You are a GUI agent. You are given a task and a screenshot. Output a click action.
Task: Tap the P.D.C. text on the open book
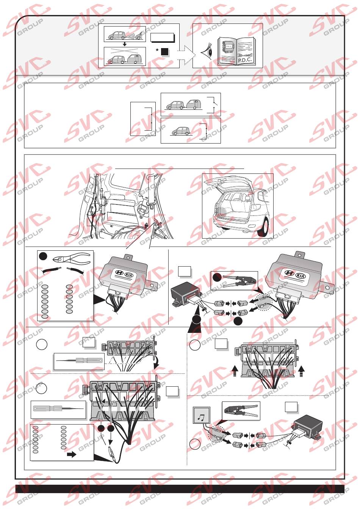[x=245, y=60]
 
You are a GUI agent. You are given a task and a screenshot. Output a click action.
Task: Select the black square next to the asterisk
[x=164, y=52]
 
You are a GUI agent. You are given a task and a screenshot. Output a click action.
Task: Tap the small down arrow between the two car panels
[x=125, y=44]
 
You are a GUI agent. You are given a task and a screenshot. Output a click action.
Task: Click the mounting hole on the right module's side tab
[x=327, y=287]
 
